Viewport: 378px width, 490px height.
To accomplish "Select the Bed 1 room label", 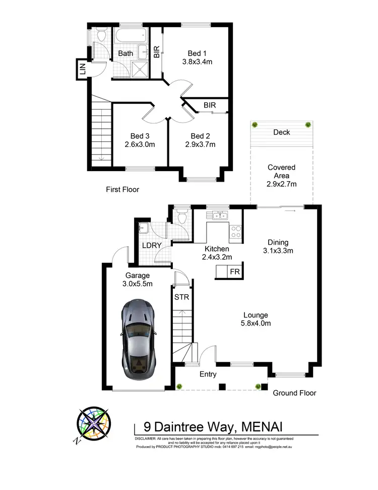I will coord(197,53).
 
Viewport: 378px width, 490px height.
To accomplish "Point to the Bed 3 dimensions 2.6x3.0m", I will coord(140,144).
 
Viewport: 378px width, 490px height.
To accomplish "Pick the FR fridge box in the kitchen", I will coord(235,271).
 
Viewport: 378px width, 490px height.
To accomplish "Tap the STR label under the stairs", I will coord(181,297).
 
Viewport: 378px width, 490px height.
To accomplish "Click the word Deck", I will coord(281,132).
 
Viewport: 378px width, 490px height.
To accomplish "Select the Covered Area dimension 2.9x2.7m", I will coord(281,184).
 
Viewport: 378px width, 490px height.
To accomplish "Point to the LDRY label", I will coord(151,245).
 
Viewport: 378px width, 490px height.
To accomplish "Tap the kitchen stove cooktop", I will coord(236,232).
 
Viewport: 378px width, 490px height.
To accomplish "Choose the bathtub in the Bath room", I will coord(130,36).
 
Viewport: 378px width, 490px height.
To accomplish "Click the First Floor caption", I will coord(122,190).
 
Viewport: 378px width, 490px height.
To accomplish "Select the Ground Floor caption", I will coord(295,393).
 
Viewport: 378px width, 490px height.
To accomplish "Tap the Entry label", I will coord(208,374).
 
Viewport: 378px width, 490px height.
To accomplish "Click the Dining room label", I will coord(278,241).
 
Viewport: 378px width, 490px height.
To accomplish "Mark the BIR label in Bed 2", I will coord(210,105).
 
